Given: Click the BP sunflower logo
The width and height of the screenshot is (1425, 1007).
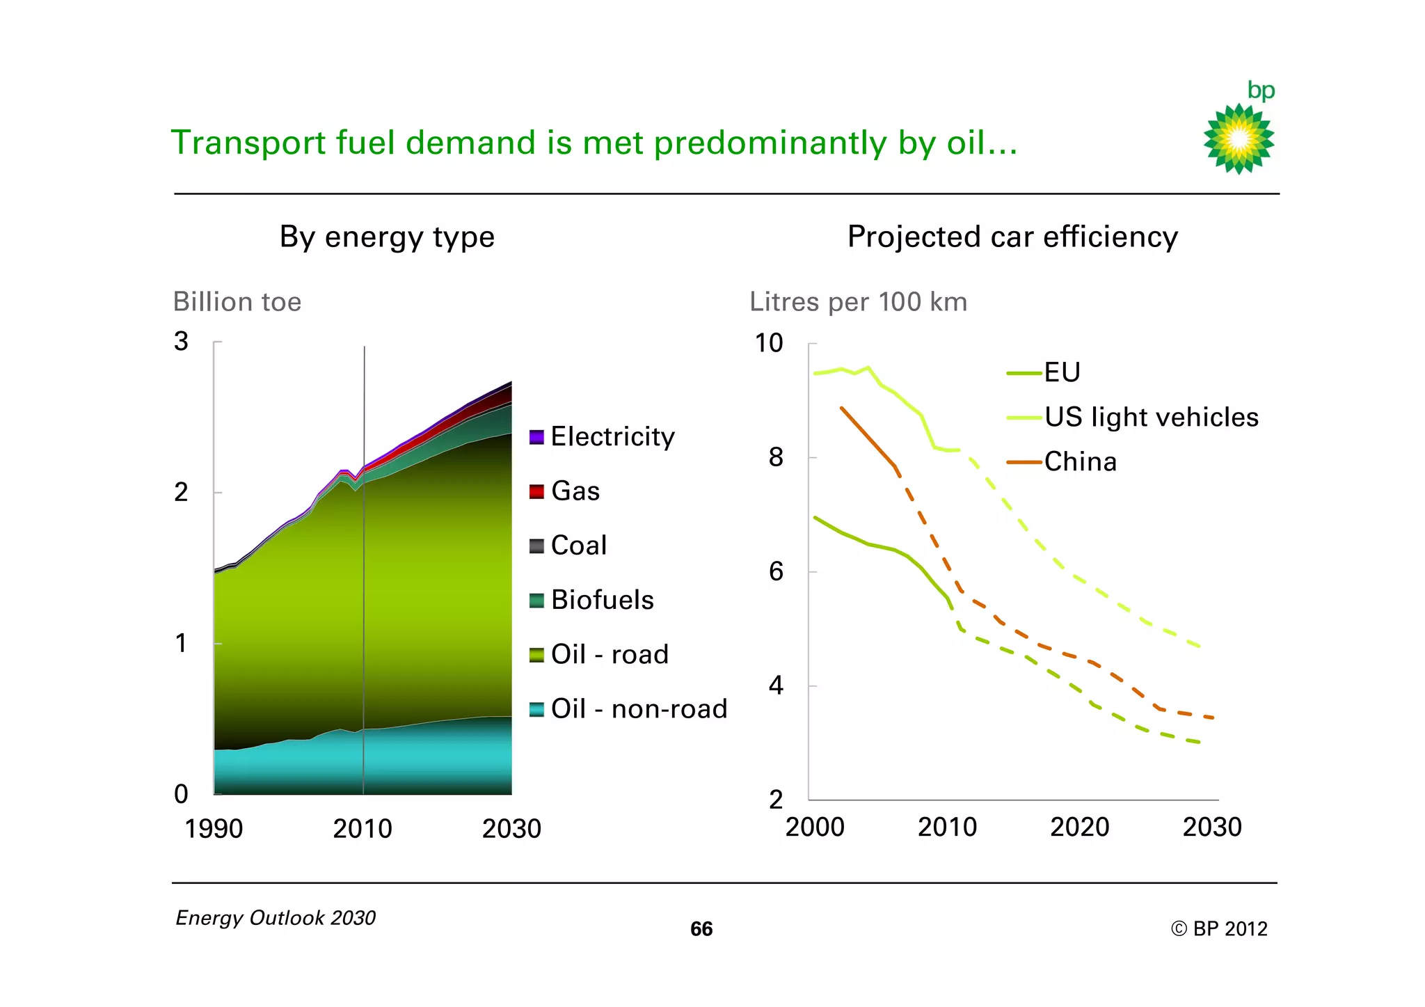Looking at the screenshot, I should click(1239, 138).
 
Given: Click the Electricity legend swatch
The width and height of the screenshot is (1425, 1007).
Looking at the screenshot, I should click(536, 437).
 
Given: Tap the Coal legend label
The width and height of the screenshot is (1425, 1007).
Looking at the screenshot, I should click(578, 546).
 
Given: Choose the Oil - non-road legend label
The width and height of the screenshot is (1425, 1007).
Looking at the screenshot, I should click(639, 709).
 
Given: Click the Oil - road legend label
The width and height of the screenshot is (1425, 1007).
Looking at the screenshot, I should click(610, 655).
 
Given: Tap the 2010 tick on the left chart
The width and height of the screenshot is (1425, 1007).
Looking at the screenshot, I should click(363, 829).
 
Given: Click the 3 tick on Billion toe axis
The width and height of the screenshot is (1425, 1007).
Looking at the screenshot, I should click(181, 342).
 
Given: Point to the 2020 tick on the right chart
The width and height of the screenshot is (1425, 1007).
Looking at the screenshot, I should click(1079, 827).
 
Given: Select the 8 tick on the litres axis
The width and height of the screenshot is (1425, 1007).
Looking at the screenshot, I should click(776, 458).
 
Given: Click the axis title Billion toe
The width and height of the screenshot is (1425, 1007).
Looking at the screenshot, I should click(237, 302).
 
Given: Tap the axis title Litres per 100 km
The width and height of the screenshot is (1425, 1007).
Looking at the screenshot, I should click(858, 302).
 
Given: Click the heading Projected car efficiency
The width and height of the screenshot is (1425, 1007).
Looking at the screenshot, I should click(1012, 237).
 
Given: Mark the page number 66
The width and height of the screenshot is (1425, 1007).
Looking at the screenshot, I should click(701, 929).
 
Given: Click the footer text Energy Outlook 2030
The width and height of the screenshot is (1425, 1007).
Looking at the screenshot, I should click(276, 918).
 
